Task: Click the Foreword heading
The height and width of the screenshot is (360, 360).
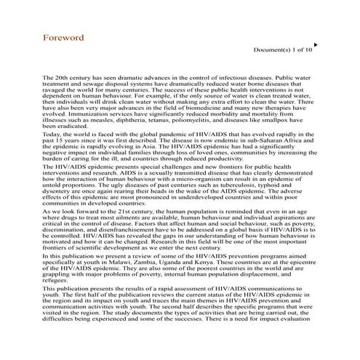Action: pos(63,37)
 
